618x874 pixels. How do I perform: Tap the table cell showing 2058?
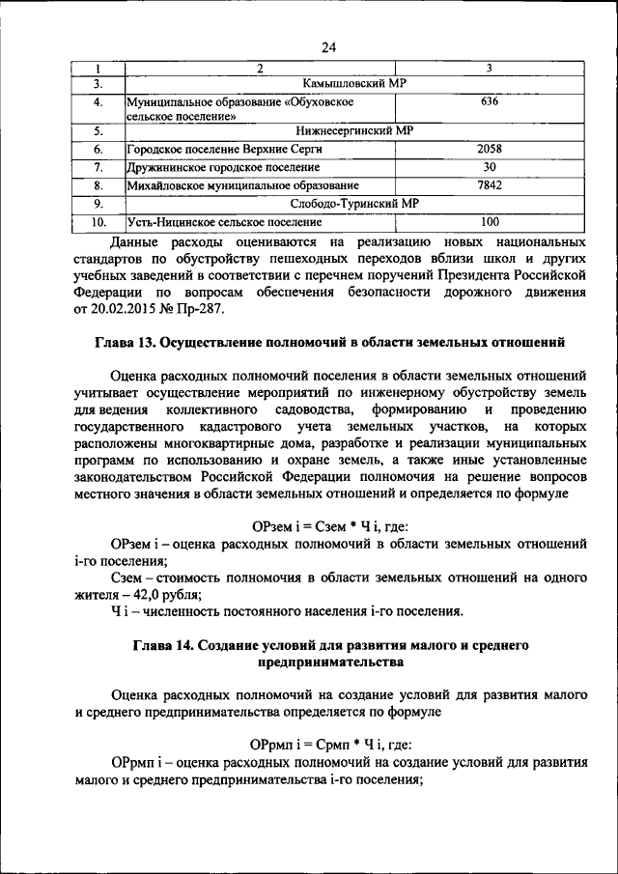[490, 149]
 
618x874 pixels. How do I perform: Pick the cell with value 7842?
[490, 184]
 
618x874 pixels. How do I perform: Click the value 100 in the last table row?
[490, 221]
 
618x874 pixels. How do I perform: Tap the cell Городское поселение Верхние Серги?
[224, 150]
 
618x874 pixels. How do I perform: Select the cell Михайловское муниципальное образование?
[242, 185]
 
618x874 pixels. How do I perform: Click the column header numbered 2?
[259, 68]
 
